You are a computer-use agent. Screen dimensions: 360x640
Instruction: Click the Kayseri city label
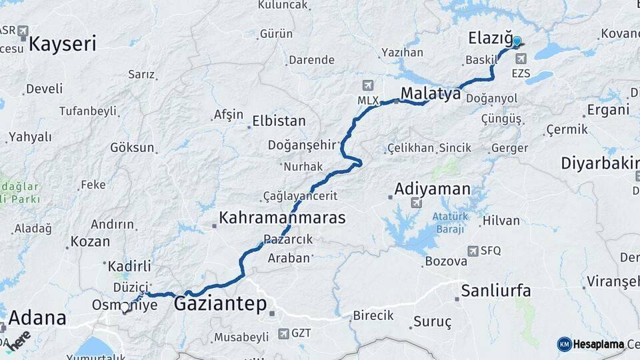tap(63, 45)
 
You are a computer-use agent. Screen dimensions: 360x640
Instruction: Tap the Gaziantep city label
tap(220, 304)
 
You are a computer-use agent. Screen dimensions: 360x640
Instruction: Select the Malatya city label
tap(431, 94)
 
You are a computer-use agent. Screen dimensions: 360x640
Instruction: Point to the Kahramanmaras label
tap(283, 218)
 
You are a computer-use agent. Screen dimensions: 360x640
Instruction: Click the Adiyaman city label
tap(433, 189)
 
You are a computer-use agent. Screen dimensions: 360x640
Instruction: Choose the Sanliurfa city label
tap(496, 291)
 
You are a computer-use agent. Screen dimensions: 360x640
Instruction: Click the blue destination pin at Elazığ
tap(516, 41)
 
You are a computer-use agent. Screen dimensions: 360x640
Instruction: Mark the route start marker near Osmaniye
tap(125, 308)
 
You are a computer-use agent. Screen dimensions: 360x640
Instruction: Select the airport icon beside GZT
tap(284, 333)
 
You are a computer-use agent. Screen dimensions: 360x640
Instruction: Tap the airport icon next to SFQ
tap(473, 251)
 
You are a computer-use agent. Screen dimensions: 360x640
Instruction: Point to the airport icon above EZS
tap(520, 59)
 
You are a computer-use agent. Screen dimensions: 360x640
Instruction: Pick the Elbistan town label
tap(279, 121)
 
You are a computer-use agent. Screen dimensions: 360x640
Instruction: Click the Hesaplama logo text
tap(597, 344)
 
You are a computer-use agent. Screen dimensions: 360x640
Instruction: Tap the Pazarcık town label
tap(288, 239)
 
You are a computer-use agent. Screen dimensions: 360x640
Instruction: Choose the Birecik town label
tap(373, 316)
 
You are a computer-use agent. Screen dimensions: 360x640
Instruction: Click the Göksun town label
tap(132, 148)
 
